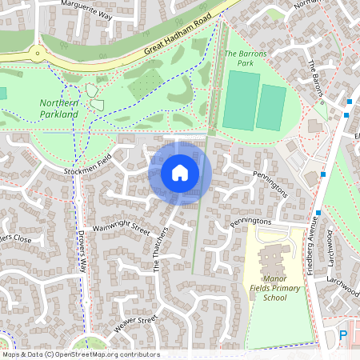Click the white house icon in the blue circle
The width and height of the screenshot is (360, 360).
[180, 173]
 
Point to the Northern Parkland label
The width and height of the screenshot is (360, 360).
[59, 109]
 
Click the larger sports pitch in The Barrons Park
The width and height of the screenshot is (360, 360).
[241, 100]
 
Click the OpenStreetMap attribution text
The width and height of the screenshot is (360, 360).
[81, 354]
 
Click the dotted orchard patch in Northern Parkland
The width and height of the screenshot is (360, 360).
[145, 83]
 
